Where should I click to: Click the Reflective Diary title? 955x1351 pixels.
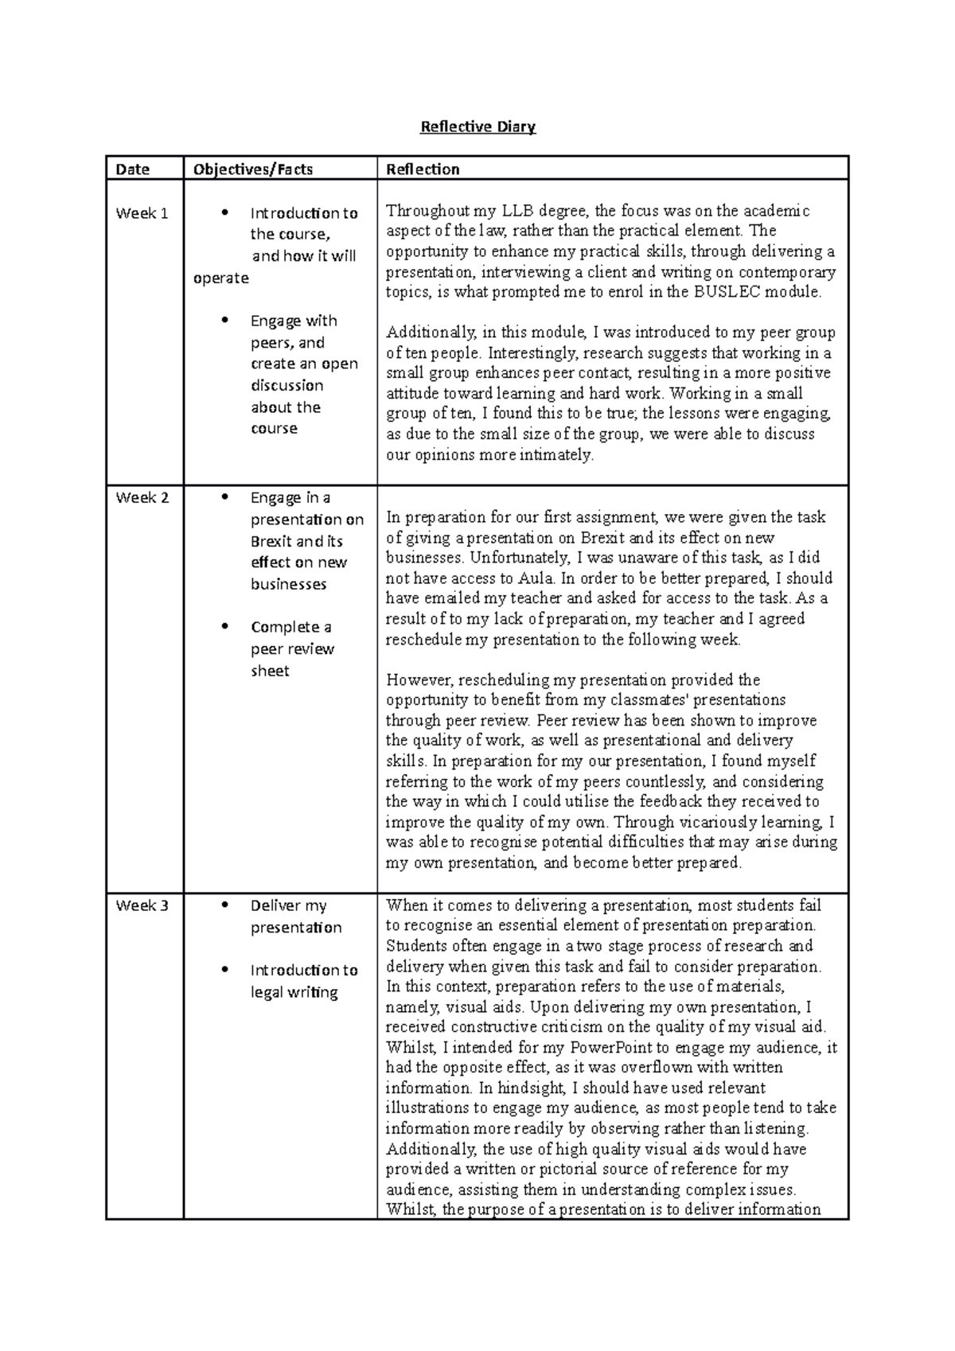[x=477, y=127]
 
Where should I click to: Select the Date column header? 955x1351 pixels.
[x=132, y=169]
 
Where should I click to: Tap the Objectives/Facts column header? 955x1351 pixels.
[x=252, y=169]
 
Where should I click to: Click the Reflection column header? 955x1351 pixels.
[x=423, y=169]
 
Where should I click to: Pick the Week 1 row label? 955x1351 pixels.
[x=142, y=213]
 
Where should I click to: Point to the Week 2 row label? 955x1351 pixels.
[x=142, y=498]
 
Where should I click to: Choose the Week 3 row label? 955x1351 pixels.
[x=142, y=905]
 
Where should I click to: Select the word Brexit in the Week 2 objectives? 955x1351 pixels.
[x=271, y=541]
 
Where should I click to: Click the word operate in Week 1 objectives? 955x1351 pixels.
[x=221, y=278]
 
